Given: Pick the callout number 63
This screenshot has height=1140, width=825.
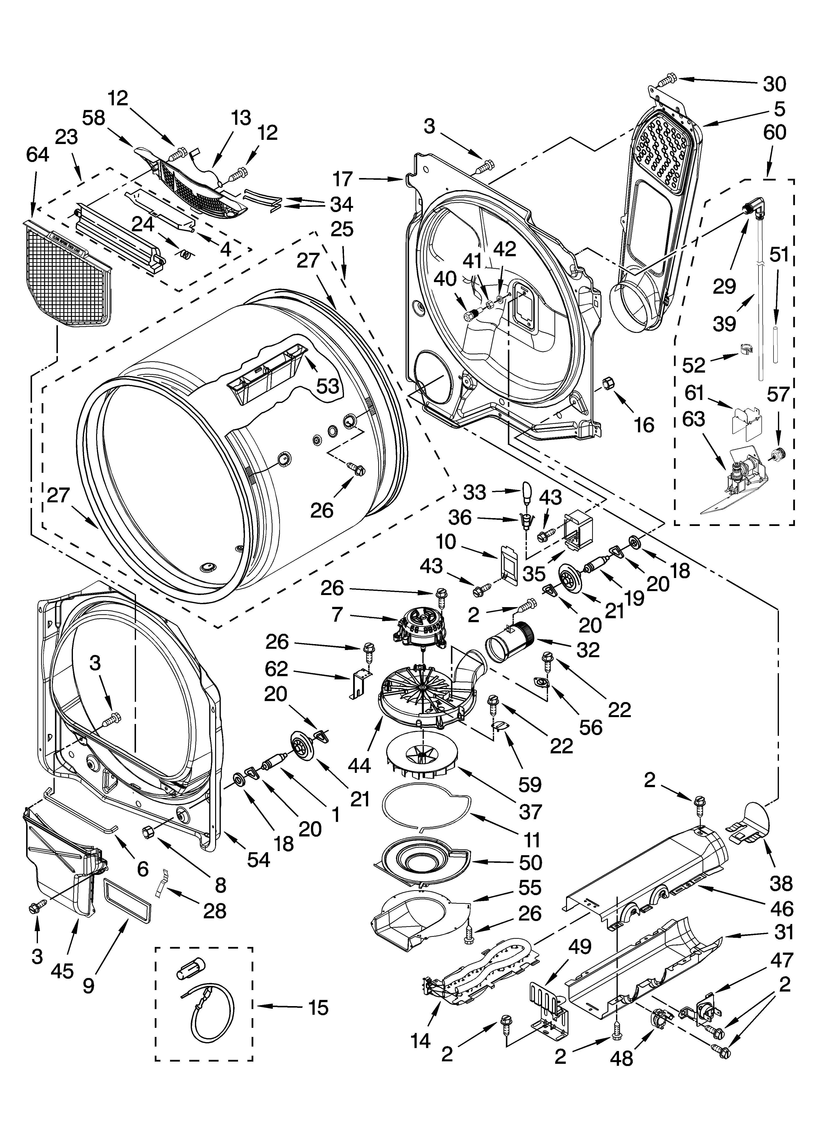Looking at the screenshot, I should (693, 418).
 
